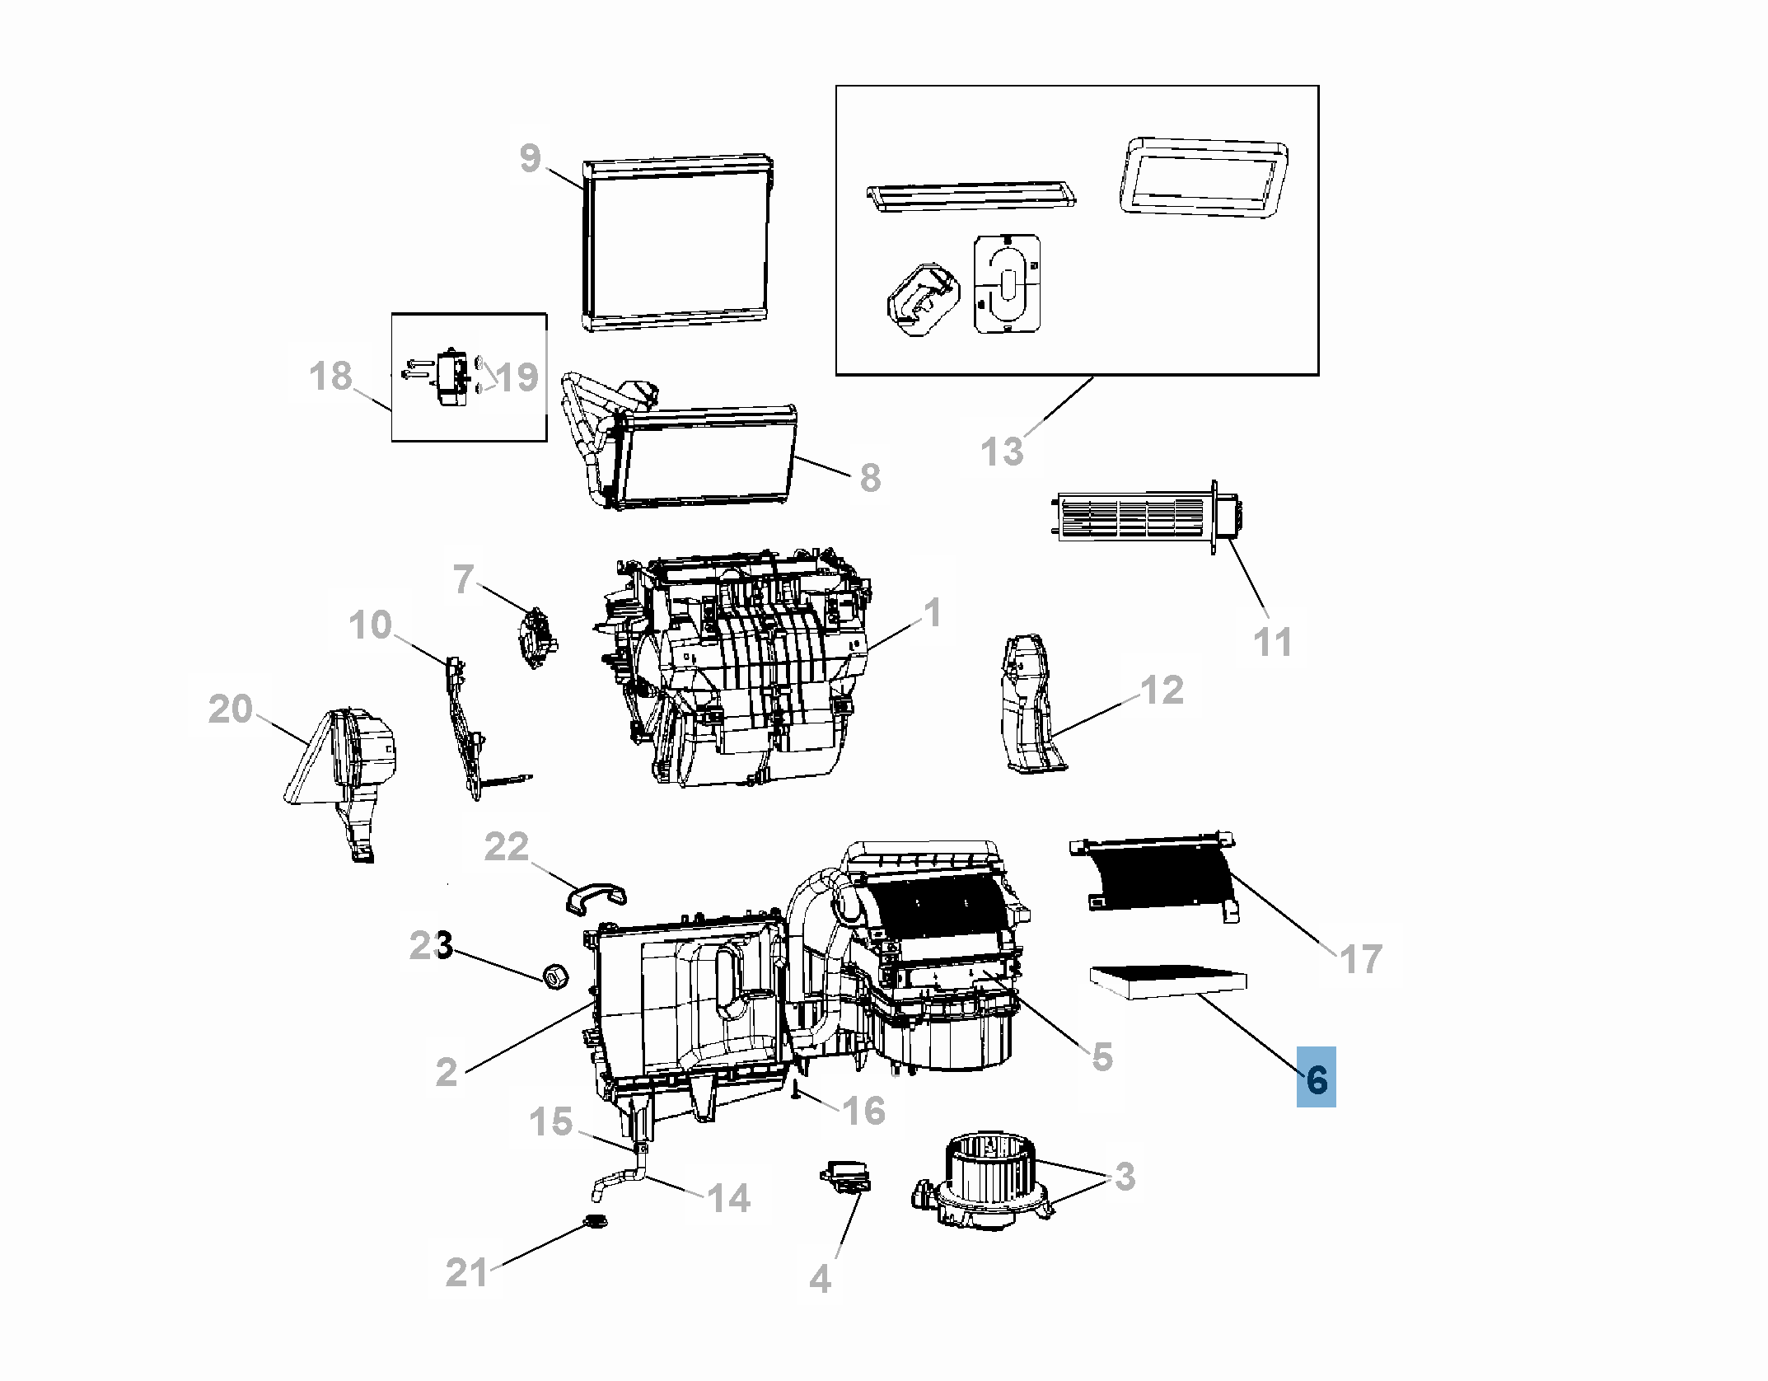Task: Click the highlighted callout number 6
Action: (x=1316, y=1077)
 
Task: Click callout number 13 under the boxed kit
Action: (x=1002, y=452)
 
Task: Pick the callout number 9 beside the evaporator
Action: (x=531, y=157)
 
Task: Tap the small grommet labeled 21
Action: (x=594, y=1223)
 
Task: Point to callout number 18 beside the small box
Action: (x=330, y=377)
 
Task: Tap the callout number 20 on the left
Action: (x=230, y=709)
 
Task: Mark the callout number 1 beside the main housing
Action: (x=931, y=613)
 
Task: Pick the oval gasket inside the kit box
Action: (x=1007, y=285)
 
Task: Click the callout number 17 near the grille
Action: (x=1360, y=959)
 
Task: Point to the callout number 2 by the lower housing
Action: (x=446, y=1071)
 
